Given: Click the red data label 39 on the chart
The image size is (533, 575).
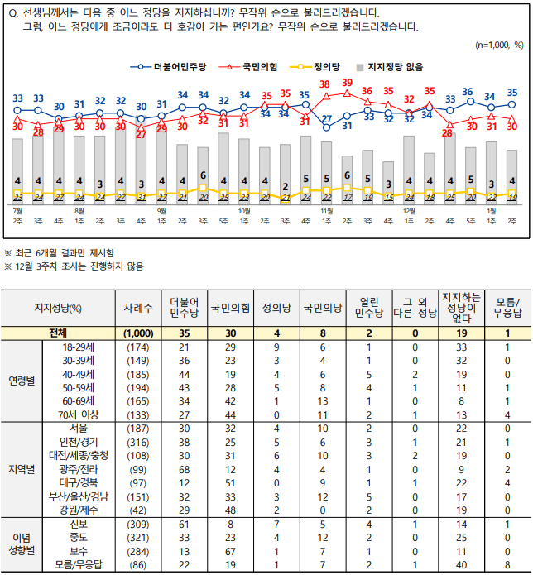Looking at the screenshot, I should click(x=348, y=82).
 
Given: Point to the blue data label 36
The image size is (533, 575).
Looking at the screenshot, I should click(x=468, y=92).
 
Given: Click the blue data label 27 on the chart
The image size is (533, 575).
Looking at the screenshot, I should click(x=327, y=119).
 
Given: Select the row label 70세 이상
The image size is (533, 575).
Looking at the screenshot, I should click(x=69, y=414).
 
